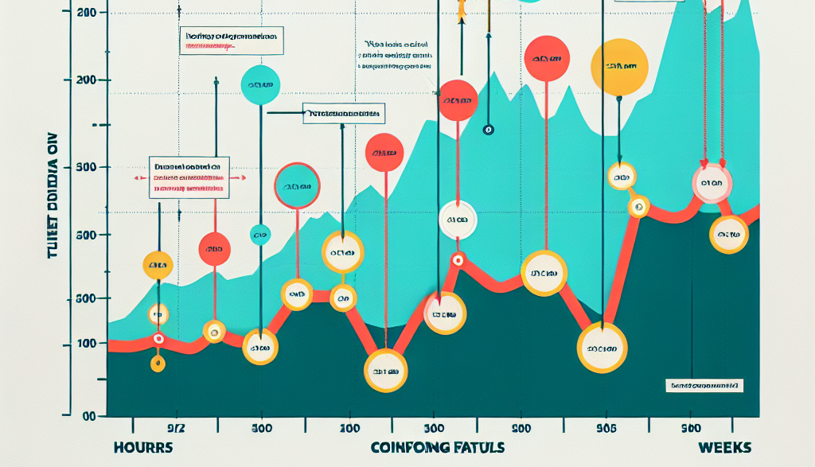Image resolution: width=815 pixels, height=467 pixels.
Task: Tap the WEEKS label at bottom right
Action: (723, 447)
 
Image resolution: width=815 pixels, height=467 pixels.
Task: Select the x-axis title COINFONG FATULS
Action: (437, 447)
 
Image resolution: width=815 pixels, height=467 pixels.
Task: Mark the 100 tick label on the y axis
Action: (85, 344)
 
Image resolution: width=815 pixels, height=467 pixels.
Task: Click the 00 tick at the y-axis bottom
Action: (88, 416)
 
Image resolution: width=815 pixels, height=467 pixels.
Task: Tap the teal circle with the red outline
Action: (297, 185)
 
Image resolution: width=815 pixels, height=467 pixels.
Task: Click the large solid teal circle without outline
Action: (260, 85)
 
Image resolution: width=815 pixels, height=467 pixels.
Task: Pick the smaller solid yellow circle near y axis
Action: (158, 265)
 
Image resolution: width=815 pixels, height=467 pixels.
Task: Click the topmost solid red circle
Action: (546, 59)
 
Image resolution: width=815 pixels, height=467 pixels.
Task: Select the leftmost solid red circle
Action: (214, 254)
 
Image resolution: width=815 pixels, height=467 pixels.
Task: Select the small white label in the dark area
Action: (703, 385)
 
